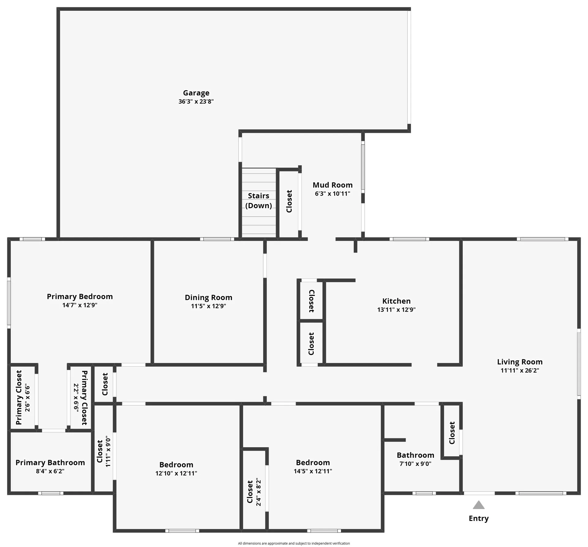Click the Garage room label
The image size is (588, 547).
click(x=196, y=93)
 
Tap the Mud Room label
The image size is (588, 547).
click(x=332, y=185)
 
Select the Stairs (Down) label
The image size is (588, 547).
click(x=258, y=200)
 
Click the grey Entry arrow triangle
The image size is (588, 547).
click(x=478, y=505)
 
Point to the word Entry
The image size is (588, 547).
click(x=478, y=518)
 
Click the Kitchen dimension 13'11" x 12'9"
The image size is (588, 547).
click(x=396, y=309)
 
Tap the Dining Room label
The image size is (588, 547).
click(x=208, y=297)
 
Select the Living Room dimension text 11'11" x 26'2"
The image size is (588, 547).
click(x=520, y=370)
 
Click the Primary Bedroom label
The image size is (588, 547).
click(x=80, y=296)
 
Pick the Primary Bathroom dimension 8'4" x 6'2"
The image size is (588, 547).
click(x=50, y=471)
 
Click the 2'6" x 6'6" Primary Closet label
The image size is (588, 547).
click(x=19, y=397)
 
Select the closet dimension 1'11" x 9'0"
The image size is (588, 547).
click(x=107, y=451)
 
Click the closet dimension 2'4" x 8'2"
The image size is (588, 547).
click(x=258, y=492)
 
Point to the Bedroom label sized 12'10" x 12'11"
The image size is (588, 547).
click(x=176, y=465)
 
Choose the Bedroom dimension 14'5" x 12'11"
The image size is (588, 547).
click(x=313, y=471)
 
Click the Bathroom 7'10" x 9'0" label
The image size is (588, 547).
click(x=415, y=455)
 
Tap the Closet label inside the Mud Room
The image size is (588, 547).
click(x=289, y=201)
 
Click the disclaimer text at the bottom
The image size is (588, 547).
click(x=294, y=543)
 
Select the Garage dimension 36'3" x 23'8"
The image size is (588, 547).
click(x=196, y=102)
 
